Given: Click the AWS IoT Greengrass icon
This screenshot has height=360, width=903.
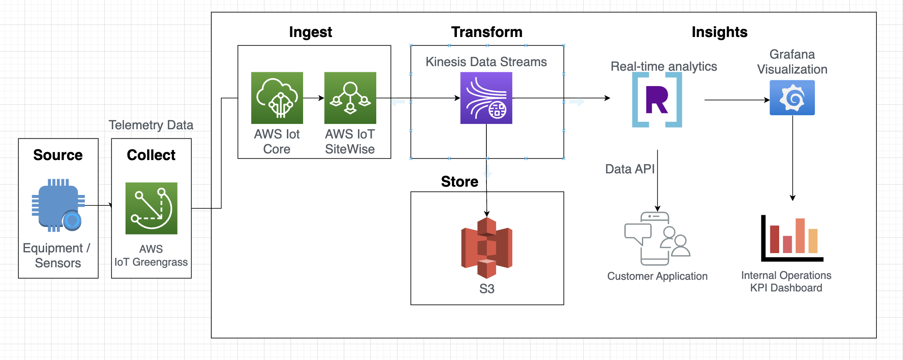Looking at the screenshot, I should [151, 208].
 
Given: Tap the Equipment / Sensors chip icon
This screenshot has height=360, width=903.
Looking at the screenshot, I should [58, 205].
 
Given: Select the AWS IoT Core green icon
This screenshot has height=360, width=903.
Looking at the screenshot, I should [277, 98].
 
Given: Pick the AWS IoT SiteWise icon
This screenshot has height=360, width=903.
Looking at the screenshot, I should [350, 98].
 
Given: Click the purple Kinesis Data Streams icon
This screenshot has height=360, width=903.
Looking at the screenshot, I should [486, 98].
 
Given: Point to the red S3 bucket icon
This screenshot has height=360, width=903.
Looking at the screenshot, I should [486, 248].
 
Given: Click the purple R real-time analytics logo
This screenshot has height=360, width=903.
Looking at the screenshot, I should [657, 100].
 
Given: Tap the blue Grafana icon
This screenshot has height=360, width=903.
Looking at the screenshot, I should [792, 98].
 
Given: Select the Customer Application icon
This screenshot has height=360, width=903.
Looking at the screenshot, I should [657, 239].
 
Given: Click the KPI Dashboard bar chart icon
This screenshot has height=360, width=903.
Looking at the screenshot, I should [792, 239].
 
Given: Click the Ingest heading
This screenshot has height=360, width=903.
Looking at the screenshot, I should [311, 32].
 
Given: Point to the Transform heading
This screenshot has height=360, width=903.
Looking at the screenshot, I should [486, 32].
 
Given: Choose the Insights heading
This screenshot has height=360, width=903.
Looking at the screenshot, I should [719, 32].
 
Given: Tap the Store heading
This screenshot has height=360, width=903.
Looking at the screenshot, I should [459, 182].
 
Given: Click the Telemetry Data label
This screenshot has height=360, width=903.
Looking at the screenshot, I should [151, 125].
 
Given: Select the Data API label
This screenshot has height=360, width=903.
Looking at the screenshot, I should [630, 169].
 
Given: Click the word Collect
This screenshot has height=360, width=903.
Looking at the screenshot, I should [151, 155].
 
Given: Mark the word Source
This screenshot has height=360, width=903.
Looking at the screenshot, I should [58, 155].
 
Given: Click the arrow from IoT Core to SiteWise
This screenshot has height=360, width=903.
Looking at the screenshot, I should [313, 98].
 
